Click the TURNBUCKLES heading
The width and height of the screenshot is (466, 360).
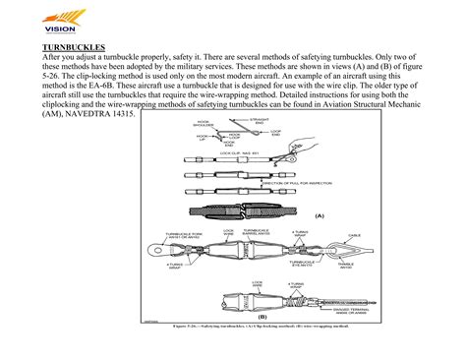click(74, 46)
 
